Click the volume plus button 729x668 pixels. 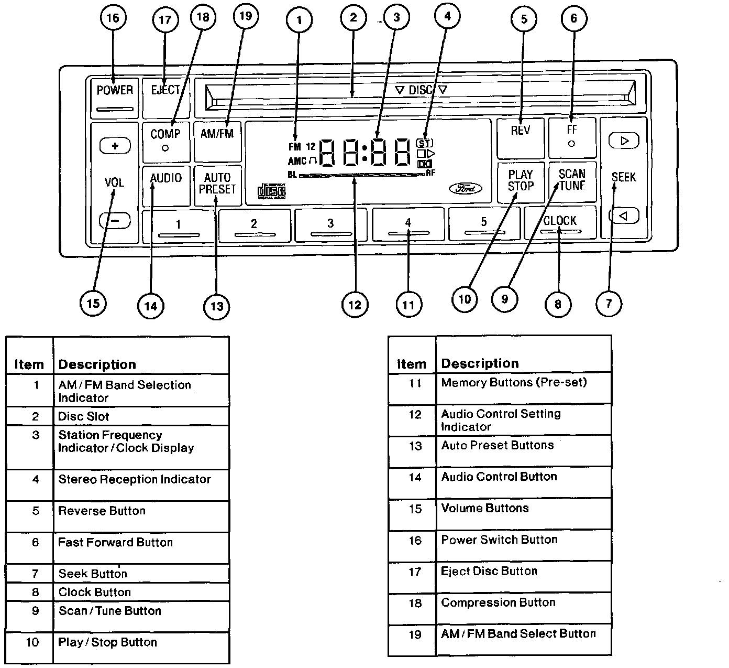tap(115, 146)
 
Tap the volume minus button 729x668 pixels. tap(115, 221)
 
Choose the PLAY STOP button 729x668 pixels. tap(520, 181)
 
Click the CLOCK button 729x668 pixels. tap(560, 223)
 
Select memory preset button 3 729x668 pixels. tap(330, 225)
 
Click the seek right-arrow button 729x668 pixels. tap(623, 141)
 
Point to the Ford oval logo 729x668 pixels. tap(465, 189)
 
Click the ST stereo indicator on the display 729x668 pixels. tap(424, 143)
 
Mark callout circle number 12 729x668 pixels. tap(355, 305)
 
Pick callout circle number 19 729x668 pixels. tap(245, 16)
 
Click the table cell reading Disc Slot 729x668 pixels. tap(141, 417)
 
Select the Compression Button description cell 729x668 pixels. tap(524, 608)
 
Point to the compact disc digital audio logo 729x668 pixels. tap(271, 191)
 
